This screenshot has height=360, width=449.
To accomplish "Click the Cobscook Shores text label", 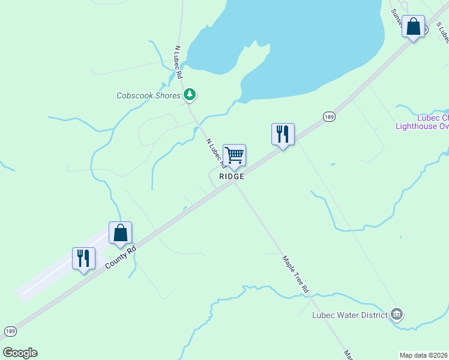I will tap(148, 95).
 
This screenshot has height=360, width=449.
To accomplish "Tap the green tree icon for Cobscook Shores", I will tap(190, 94).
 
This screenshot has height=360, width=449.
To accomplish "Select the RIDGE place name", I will tap(232, 176).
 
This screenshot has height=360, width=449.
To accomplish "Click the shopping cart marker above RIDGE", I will tap(234, 155).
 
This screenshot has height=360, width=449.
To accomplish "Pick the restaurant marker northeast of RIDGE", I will tap(283, 134).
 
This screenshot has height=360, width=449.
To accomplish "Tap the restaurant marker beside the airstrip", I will tap(83, 259).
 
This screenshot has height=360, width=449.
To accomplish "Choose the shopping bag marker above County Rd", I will tap(120, 233).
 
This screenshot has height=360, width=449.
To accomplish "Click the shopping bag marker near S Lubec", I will tap(413, 27).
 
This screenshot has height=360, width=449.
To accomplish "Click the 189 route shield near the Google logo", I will tap(10, 331).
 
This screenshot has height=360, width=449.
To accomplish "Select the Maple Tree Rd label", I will tap(295, 274).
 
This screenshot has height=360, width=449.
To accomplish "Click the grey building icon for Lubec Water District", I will tap(396, 314).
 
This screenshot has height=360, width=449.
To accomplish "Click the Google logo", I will tap(20, 352).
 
